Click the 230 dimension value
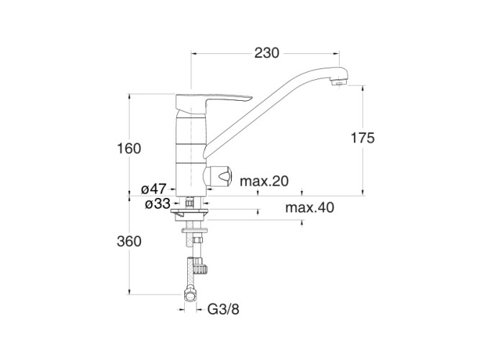(x=267, y=53)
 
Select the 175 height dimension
(x=363, y=138)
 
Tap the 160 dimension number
(x=130, y=148)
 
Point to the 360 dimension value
(x=130, y=241)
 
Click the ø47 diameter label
(x=154, y=189)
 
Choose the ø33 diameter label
(x=158, y=204)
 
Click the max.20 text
(x=264, y=181)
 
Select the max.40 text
(x=309, y=208)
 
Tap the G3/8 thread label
(x=223, y=310)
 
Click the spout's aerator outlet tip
(x=338, y=81)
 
